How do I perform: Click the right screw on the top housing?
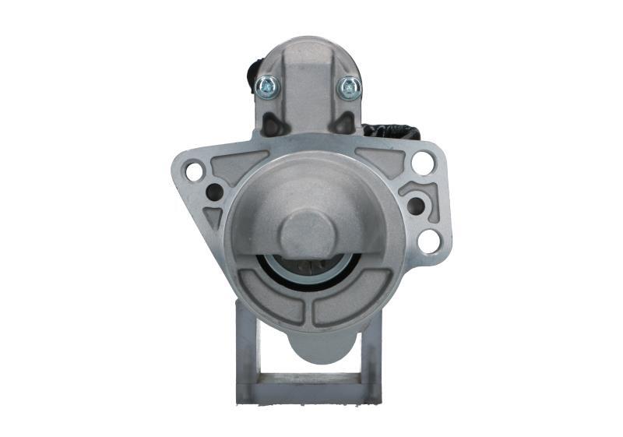(x=348, y=87)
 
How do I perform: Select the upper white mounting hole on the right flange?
(x=422, y=162)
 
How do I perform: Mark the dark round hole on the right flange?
(x=416, y=206)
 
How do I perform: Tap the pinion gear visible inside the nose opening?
(x=308, y=269)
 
